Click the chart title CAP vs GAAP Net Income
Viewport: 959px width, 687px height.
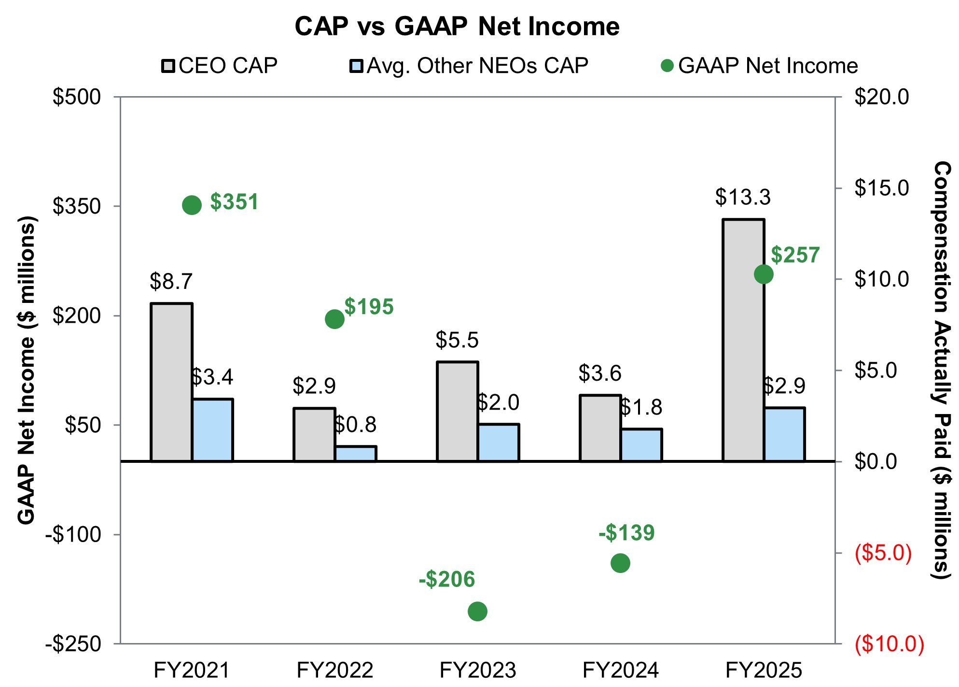tap(457, 26)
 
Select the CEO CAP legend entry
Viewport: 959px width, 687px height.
tap(220, 66)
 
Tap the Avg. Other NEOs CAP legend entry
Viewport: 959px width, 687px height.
tap(469, 66)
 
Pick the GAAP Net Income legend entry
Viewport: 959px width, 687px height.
tap(760, 66)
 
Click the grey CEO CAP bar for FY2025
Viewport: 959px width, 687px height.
tap(743, 340)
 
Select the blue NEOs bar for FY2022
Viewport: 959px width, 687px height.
tap(356, 454)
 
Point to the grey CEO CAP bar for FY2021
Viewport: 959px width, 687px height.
tap(172, 382)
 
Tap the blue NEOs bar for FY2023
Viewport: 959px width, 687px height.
tap(499, 443)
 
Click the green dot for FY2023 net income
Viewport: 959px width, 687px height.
tap(477, 611)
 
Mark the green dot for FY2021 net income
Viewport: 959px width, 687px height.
tap(192, 205)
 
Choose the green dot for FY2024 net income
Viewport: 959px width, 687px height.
tap(620, 563)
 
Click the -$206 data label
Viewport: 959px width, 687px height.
tap(447, 579)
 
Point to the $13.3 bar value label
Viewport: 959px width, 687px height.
tap(743, 197)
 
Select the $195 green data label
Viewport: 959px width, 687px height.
tap(369, 307)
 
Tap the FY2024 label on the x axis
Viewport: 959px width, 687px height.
tap(621, 670)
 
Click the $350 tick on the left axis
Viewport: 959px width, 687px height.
tap(77, 206)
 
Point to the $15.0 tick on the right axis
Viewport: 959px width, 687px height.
tap(882, 188)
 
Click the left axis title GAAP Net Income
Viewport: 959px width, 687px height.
tap(27, 370)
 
